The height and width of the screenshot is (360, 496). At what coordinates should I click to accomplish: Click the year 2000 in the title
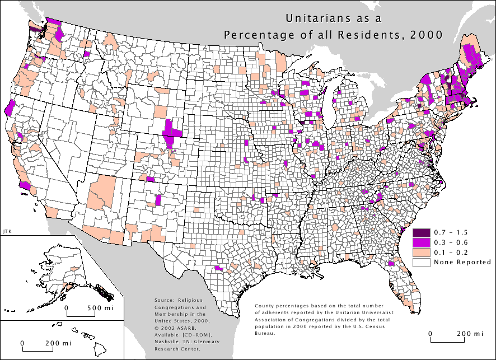tap(425, 35)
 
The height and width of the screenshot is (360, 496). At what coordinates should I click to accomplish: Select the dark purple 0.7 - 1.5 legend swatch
tap(420, 232)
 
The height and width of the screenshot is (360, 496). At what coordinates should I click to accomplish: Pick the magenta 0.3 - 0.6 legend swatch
tap(420, 242)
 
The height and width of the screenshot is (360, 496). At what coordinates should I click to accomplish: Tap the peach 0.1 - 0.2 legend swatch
tap(420, 252)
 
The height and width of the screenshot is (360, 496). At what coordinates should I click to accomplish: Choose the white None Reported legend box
tap(420, 262)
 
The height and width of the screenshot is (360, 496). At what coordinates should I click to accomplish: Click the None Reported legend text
tap(453, 262)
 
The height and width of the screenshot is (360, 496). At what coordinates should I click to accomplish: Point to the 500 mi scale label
tap(101, 307)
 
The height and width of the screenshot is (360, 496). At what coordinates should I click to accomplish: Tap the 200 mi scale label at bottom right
tap(470, 333)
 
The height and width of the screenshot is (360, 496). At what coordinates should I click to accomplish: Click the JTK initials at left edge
tap(6, 231)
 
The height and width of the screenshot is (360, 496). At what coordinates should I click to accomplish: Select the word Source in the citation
tap(163, 301)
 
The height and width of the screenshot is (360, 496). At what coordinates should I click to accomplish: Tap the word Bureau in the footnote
tap(264, 333)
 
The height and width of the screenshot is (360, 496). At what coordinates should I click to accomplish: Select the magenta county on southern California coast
tap(25, 185)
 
